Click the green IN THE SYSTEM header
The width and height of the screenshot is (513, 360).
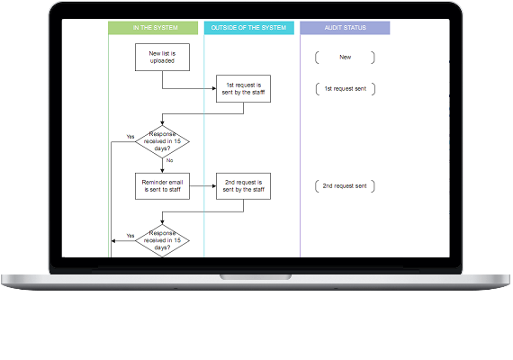click(x=153, y=28)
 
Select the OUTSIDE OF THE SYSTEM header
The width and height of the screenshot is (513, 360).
click(x=249, y=28)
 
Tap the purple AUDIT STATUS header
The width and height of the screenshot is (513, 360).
click(x=345, y=28)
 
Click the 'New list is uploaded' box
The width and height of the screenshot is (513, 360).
click(x=162, y=58)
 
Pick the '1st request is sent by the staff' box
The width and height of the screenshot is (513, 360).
click(x=243, y=89)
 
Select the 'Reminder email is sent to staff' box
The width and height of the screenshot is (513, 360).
click(x=162, y=186)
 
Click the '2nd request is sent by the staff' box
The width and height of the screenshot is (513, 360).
click(x=243, y=186)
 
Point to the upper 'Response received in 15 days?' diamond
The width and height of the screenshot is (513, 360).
click(x=162, y=141)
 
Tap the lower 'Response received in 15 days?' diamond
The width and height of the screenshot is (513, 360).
click(x=162, y=240)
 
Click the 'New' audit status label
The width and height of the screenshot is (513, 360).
click(x=346, y=58)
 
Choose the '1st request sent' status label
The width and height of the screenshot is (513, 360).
click(x=346, y=89)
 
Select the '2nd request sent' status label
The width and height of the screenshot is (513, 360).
click(x=345, y=186)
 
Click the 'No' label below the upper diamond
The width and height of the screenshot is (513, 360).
click(x=169, y=160)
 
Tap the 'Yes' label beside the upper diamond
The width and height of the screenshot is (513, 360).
click(x=130, y=137)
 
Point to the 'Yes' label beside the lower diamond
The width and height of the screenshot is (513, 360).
click(x=130, y=236)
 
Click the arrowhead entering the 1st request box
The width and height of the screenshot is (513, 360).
click(x=214, y=88)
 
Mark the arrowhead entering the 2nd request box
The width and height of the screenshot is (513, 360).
click(x=214, y=186)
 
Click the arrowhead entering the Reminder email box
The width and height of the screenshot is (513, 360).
click(x=162, y=170)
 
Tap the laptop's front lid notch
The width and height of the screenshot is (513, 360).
click(x=256, y=277)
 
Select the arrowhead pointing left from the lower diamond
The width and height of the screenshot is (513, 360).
click(x=113, y=241)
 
